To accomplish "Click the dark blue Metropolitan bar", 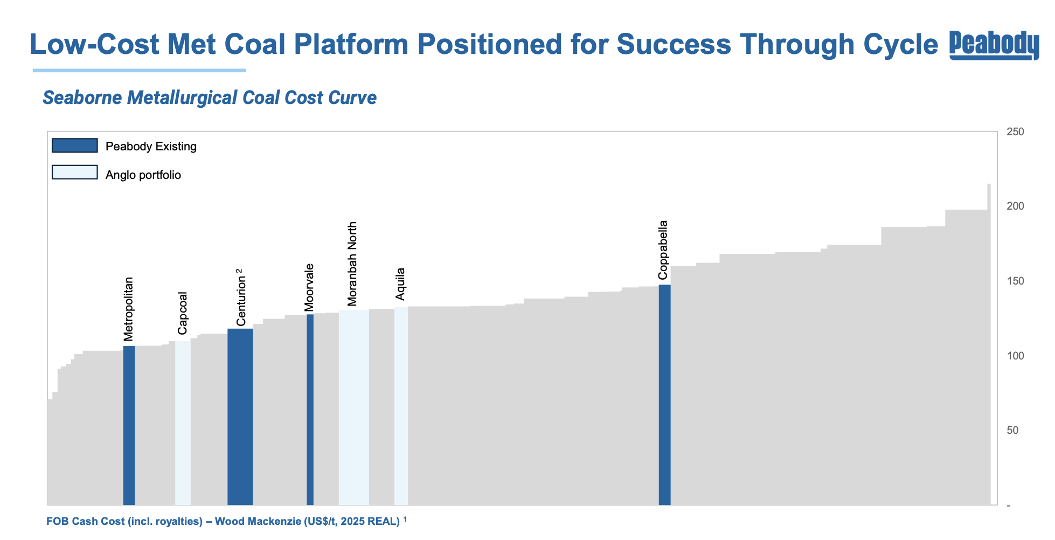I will [129, 426].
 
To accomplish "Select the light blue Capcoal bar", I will [183, 423].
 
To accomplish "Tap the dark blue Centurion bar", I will [240, 418].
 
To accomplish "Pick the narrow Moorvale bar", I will [310, 410].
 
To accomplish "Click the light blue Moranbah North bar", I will [353, 407].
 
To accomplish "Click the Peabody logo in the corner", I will [994, 45].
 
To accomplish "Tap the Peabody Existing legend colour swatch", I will [74, 146].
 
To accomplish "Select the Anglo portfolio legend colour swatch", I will [74, 172].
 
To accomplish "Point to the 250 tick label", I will [1015, 132].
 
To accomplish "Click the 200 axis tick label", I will [1015, 206].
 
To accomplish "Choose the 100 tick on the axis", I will [1015, 356].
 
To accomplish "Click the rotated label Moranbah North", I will [352, 264].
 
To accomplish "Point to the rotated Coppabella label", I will [663, 250].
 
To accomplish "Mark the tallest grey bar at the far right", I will [989, 345].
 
